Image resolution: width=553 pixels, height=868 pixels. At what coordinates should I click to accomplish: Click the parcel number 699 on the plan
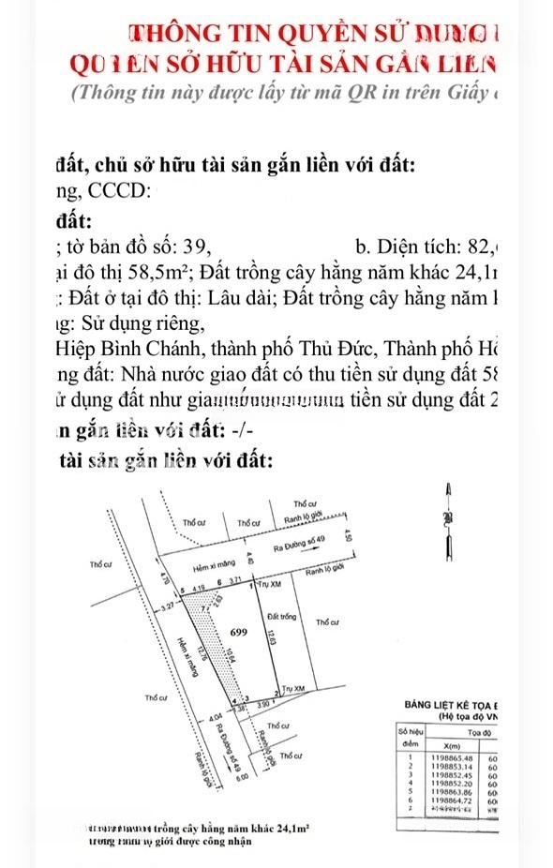point(237,633)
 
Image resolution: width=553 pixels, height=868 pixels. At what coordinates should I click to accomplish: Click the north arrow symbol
point(449,520)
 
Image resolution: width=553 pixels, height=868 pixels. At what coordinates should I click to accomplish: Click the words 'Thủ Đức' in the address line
point(324,351)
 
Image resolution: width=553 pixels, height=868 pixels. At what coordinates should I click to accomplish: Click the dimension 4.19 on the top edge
point(198,588)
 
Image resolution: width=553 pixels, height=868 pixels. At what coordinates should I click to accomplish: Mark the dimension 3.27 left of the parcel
point(168,609)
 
